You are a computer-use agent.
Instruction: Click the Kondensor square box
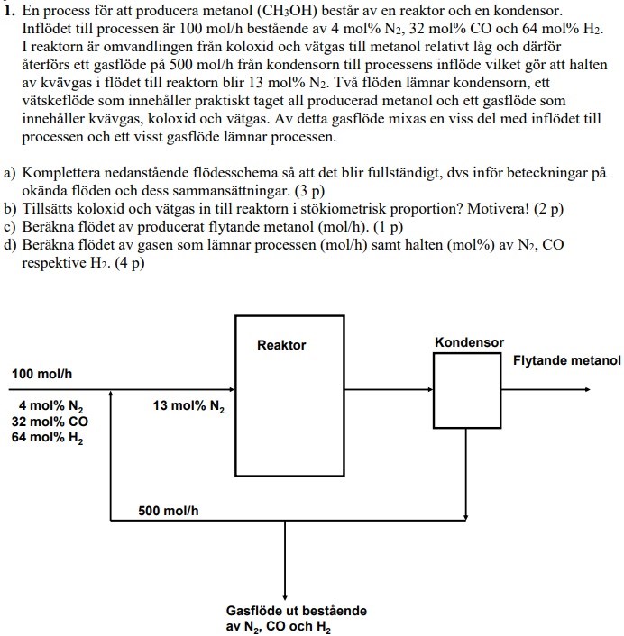click(466, 388)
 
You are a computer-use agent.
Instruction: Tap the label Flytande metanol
click(566, 361)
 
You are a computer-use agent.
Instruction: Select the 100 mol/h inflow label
click(41, 374)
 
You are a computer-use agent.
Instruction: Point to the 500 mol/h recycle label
click(169, 511)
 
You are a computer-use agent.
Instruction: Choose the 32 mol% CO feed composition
click(50, 422)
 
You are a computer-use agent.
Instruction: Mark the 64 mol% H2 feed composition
click(50, 438)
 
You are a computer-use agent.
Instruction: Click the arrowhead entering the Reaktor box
click(230, 391)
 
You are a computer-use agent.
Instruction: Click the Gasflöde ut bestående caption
click(296, 611)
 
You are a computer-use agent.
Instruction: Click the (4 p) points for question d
click(124, 263)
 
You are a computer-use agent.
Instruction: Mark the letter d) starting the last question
click(10, 245)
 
